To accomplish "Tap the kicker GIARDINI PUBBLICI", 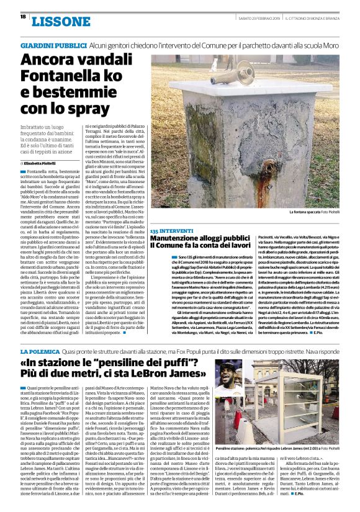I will point(53,46).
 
